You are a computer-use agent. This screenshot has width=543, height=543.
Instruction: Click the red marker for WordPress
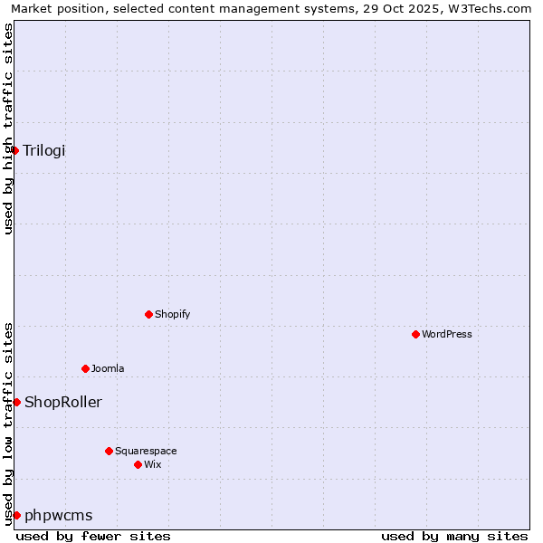(415, 334)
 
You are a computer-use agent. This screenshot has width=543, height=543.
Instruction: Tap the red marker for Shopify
(148, 314)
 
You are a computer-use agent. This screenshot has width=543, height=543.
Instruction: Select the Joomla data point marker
(85, 368)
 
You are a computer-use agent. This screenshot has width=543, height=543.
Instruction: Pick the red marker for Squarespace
(109, 451)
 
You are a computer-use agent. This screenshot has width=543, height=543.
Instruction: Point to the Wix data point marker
(138, 464)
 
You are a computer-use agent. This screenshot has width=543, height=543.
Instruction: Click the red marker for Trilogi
(15, 150)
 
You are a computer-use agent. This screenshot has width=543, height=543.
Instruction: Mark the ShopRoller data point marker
(16, 402)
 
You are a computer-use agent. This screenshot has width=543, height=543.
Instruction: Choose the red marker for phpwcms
(16, 515)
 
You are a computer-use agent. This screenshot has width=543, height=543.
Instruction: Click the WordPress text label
(447, 334)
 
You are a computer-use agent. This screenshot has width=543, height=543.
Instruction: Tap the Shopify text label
(173, 314)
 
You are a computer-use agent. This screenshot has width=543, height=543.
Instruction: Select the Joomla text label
(108, 368)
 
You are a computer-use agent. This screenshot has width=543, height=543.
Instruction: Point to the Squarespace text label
(146, 451)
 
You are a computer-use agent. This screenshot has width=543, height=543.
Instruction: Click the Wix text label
(153, 464)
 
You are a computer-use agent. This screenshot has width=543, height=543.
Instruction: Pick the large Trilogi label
(44, 150)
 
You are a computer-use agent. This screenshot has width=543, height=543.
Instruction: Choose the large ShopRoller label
(63, 402)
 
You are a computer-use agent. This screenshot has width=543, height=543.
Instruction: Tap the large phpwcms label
(59, 515)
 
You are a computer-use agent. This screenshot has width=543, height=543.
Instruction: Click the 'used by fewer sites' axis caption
(93, 536)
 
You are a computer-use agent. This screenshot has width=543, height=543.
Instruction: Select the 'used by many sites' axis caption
(454, 536)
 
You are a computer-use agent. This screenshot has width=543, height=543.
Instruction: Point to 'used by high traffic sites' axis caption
(8, 129)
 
